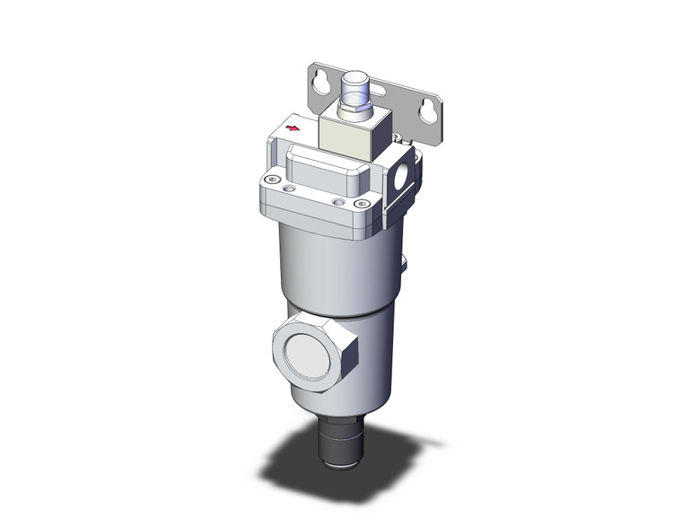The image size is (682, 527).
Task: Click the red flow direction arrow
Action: [291, 128]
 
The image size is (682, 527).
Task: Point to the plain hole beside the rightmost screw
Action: [339, 203]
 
